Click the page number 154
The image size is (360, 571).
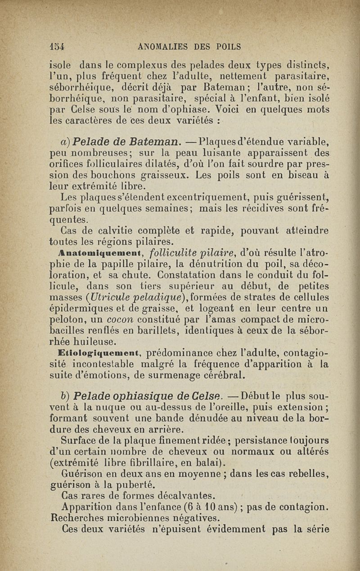(x=57, y=46)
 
